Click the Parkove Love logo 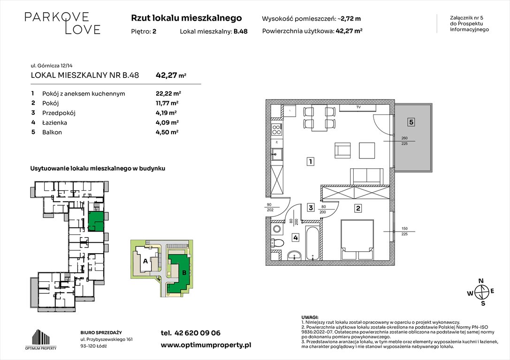click(x=62, y=23)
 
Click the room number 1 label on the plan click(x=310, y=162)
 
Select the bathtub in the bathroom click(x=312, y=243)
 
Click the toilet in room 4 click(x=279, y=242)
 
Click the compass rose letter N click(x=480, y=281)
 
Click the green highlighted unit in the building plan click(x=96, y=221)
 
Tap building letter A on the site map click(x=145, y=261)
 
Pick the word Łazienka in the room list click(x=55, y=123)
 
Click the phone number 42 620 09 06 click(x=190, y=333)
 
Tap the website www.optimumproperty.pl click(x=206, y=345)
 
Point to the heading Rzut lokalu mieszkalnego click(x=187, y=18)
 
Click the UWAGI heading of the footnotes click(x=310, y=317)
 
